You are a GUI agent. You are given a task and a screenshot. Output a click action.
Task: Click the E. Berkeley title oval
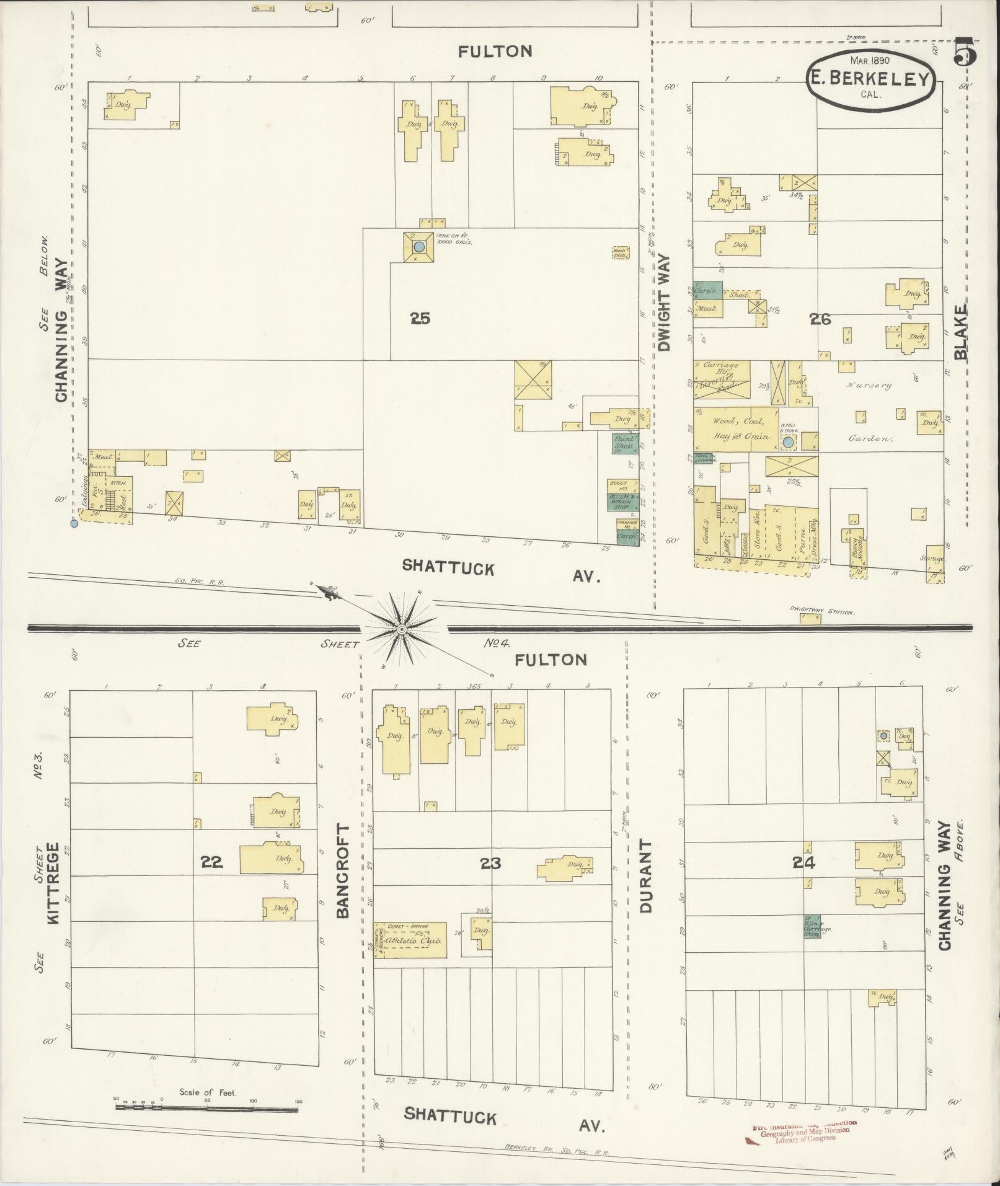coord(871,79)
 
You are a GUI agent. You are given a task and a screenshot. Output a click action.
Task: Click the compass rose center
coord(401,629)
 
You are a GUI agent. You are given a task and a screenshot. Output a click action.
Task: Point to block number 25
coord(420,319)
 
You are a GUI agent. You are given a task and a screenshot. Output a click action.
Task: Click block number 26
coord(821,319)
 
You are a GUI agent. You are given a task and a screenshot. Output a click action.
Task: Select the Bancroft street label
coord(343,871)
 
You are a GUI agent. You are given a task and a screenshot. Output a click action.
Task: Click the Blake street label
coord(961,332)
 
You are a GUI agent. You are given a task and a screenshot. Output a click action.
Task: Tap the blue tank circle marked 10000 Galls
coord(418,247)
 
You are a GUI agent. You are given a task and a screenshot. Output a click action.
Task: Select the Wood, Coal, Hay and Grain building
coord(735,428)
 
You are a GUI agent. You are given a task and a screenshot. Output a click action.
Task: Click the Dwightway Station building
coord(810,618)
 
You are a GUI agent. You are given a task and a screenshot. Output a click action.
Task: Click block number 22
coord(211,862)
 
